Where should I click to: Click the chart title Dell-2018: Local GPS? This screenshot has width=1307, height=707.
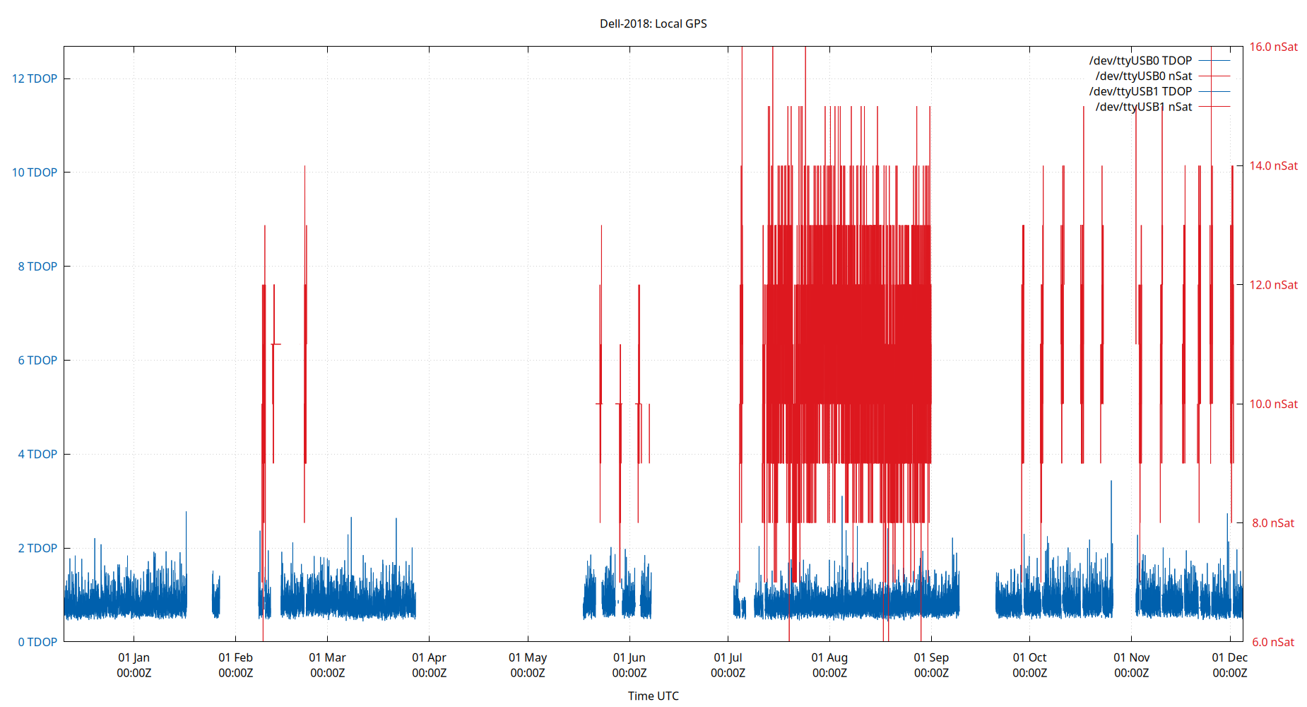(653, 23)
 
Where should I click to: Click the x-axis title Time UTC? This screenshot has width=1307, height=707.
(653, 696)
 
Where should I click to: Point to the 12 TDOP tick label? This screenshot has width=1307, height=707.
(35, 78)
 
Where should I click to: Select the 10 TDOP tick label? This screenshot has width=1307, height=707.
(35, 173)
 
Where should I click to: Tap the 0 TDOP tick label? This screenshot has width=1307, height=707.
(37, 642)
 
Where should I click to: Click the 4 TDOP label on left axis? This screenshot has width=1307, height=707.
(37, 454)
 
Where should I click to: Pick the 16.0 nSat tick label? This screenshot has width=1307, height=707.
(1273, 47)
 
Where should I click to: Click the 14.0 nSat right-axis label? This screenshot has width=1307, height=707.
(1273, 165)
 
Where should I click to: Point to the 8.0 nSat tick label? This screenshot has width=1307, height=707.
(1272, 523)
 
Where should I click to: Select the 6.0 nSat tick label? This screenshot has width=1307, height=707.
(1272, 642)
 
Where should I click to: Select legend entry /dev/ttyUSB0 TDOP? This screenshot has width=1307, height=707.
(1140, 61)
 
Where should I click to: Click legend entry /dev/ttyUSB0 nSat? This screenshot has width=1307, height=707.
(1143, 76)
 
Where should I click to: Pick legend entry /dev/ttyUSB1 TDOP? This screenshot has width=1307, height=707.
(1140, 92)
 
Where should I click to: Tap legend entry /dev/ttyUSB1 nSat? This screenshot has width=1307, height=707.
(1143, 107)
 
